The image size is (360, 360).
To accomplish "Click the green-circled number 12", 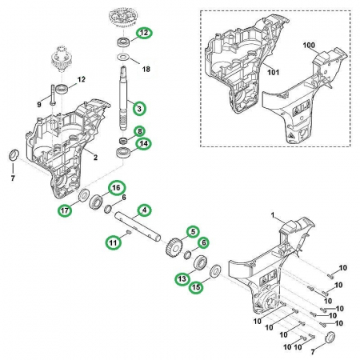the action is [144, 33].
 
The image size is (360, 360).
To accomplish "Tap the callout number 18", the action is [146, 70].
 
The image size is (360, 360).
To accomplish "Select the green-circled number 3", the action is [139, 109].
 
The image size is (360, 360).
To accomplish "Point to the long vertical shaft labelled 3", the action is [123, 98].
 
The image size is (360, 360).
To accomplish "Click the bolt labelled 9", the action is [53, 95].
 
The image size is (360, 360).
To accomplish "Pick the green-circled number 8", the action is [140, 131].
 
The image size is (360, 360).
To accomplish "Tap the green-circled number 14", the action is [144, 144].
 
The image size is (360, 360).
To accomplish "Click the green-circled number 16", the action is [116, 188].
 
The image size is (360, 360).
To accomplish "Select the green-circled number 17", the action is [65, 210].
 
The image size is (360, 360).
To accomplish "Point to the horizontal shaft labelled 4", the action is [138, 226].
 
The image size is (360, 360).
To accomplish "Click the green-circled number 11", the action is [114, 242].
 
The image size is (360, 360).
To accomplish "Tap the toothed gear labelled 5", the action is [174, 246].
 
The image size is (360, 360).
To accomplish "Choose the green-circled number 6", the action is [203, 242].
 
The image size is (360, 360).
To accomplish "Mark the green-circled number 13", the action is [182, 279].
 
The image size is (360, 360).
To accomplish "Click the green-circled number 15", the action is [196, 287].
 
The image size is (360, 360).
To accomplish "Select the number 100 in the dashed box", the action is [309, 46].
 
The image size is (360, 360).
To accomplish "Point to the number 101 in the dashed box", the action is [274, 72].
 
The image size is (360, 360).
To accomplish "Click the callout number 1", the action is [273, 215].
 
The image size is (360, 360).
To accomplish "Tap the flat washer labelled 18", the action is [123, 57].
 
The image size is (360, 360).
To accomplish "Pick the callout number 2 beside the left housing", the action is [95, 158].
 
